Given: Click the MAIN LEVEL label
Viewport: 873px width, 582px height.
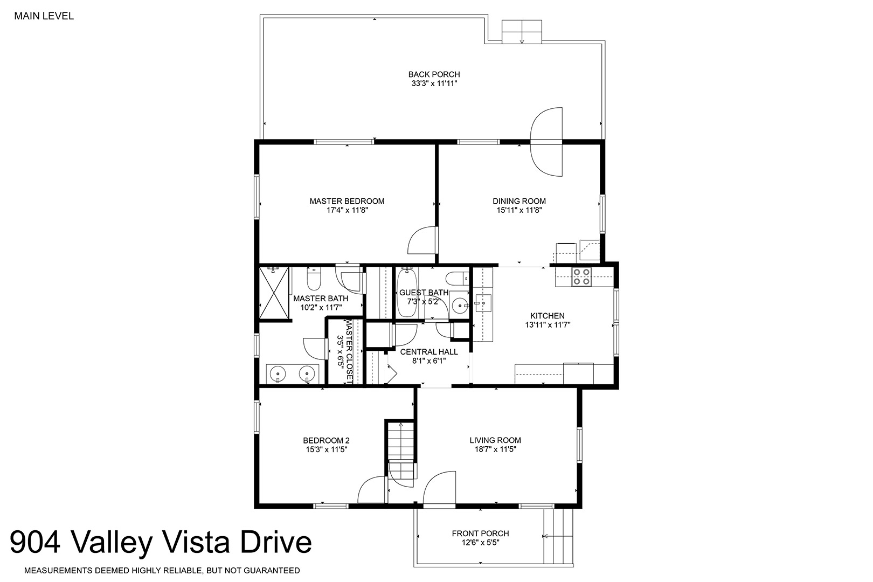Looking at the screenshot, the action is [44, 16].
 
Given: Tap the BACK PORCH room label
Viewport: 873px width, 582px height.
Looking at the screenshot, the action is [434, 74].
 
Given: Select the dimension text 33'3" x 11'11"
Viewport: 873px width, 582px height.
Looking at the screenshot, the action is [434, 84].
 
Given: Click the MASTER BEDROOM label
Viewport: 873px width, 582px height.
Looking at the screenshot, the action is [347, 201].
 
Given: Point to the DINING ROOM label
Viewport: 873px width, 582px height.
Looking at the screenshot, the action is [519, 201].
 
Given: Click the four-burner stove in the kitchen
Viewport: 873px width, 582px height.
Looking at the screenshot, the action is [581, 277].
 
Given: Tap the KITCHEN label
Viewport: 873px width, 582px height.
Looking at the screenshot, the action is [547, 316].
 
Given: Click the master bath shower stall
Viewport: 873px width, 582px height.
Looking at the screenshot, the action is [274, 293].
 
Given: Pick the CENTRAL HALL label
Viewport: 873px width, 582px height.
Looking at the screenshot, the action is [429, 351].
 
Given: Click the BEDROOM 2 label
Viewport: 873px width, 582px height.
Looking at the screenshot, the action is [326, 440].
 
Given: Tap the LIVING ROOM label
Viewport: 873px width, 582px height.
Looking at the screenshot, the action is [495, 440].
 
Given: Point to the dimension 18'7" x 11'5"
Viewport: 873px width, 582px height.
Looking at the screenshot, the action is [495, 449].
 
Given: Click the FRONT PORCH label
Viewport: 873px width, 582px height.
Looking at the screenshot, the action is [481, 533].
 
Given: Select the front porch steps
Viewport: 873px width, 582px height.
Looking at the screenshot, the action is [558, 537].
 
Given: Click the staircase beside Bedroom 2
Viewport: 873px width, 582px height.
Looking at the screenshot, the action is [400, 452].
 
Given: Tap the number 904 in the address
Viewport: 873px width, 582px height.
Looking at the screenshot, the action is [35, 542].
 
